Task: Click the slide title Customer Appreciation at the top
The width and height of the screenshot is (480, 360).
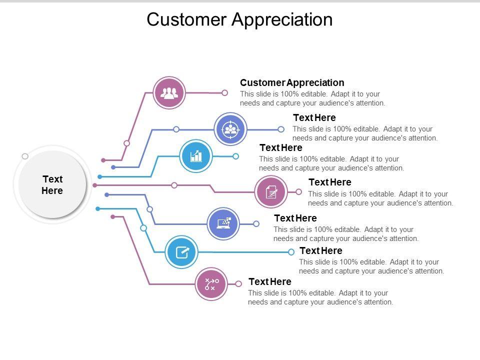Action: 239,19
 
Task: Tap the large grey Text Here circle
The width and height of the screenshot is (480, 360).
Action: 52,184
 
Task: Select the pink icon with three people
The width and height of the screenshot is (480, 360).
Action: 169,93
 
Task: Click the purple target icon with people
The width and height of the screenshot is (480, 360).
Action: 230,129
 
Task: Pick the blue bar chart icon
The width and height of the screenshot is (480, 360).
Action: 196,156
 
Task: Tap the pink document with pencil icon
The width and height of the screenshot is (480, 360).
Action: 271,192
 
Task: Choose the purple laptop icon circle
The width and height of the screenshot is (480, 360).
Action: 223,224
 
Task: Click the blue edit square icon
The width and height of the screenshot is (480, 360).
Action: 181,252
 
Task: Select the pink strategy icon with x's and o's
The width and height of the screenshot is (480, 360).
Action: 211,284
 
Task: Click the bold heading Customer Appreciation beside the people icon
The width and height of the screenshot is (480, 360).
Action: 292,82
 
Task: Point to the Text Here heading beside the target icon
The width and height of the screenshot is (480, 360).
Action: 314,117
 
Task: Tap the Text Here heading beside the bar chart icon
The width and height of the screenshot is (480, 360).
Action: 281,147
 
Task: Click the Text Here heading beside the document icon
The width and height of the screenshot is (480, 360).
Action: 329,182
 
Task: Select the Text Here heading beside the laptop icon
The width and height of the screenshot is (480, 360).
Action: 295,218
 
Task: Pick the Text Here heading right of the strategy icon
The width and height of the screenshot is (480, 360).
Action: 270,281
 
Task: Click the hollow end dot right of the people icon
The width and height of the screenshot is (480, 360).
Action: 224,93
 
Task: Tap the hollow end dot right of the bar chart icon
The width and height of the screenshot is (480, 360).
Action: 235,156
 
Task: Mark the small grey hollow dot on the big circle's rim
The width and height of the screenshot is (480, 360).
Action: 25,156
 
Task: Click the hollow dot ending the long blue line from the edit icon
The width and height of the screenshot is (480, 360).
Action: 291,252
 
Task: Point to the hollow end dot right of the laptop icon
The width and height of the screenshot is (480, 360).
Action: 256,224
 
